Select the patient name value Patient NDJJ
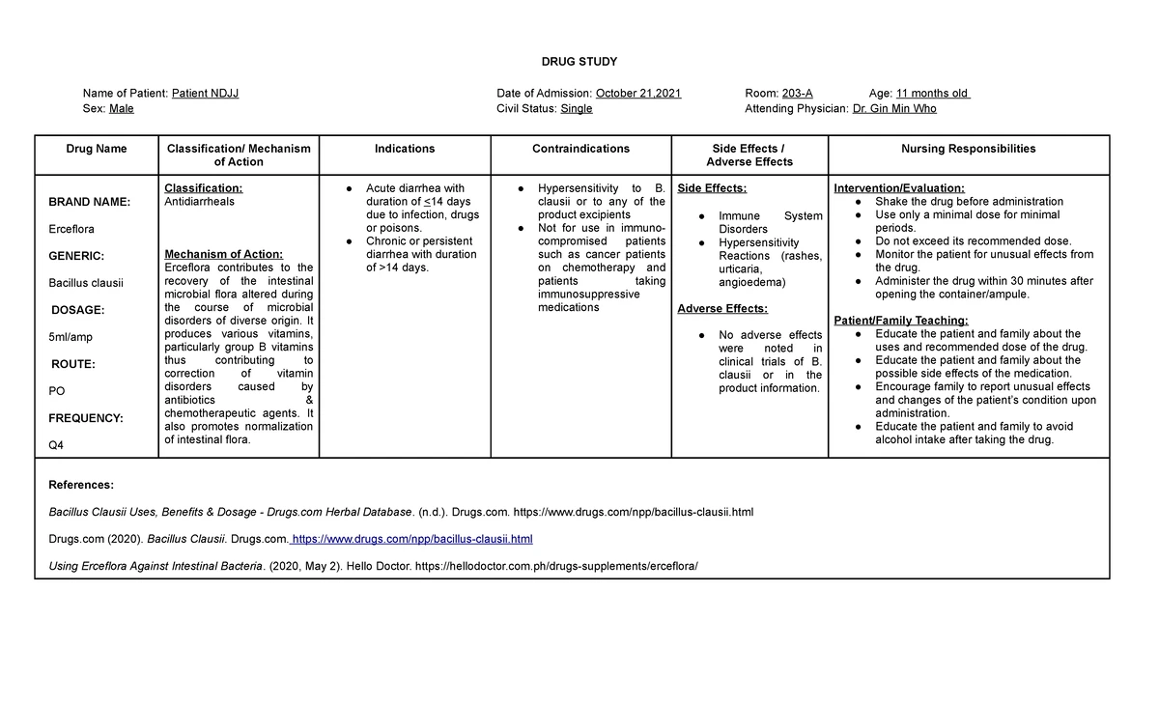(x=205, y=94)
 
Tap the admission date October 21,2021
(x=638, y=94)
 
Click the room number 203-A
(x=797, y=94)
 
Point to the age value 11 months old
(x=932, y=94)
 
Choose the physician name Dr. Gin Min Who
(x=894, y=109)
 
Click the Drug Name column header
(x=97, y=149)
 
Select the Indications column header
(x=405, y=149)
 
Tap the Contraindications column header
(x=580, y=149)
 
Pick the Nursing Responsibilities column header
(x=969, y=149)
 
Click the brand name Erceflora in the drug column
(x=71, y=229)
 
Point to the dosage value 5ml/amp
(x=71, y=337)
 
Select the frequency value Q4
(x=56, y=445)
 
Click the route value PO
(x=56, y=391)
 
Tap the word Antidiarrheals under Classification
(x=200, y=202)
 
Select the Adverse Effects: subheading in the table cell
(x=722, y=309)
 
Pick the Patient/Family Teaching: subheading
(x=900, y=321)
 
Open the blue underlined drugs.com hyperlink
(x=411, y=539)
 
